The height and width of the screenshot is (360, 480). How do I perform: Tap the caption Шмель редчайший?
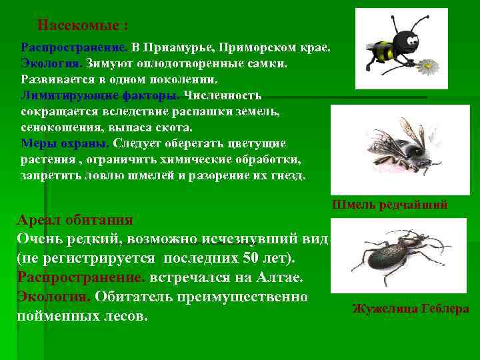(389, 205)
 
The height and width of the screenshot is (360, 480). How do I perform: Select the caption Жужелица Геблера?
(410, 309)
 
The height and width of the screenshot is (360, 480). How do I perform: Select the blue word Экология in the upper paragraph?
(51, 63)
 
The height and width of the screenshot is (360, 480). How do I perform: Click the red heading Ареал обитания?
(75, 220)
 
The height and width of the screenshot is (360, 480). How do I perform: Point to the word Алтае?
(283, 276)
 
